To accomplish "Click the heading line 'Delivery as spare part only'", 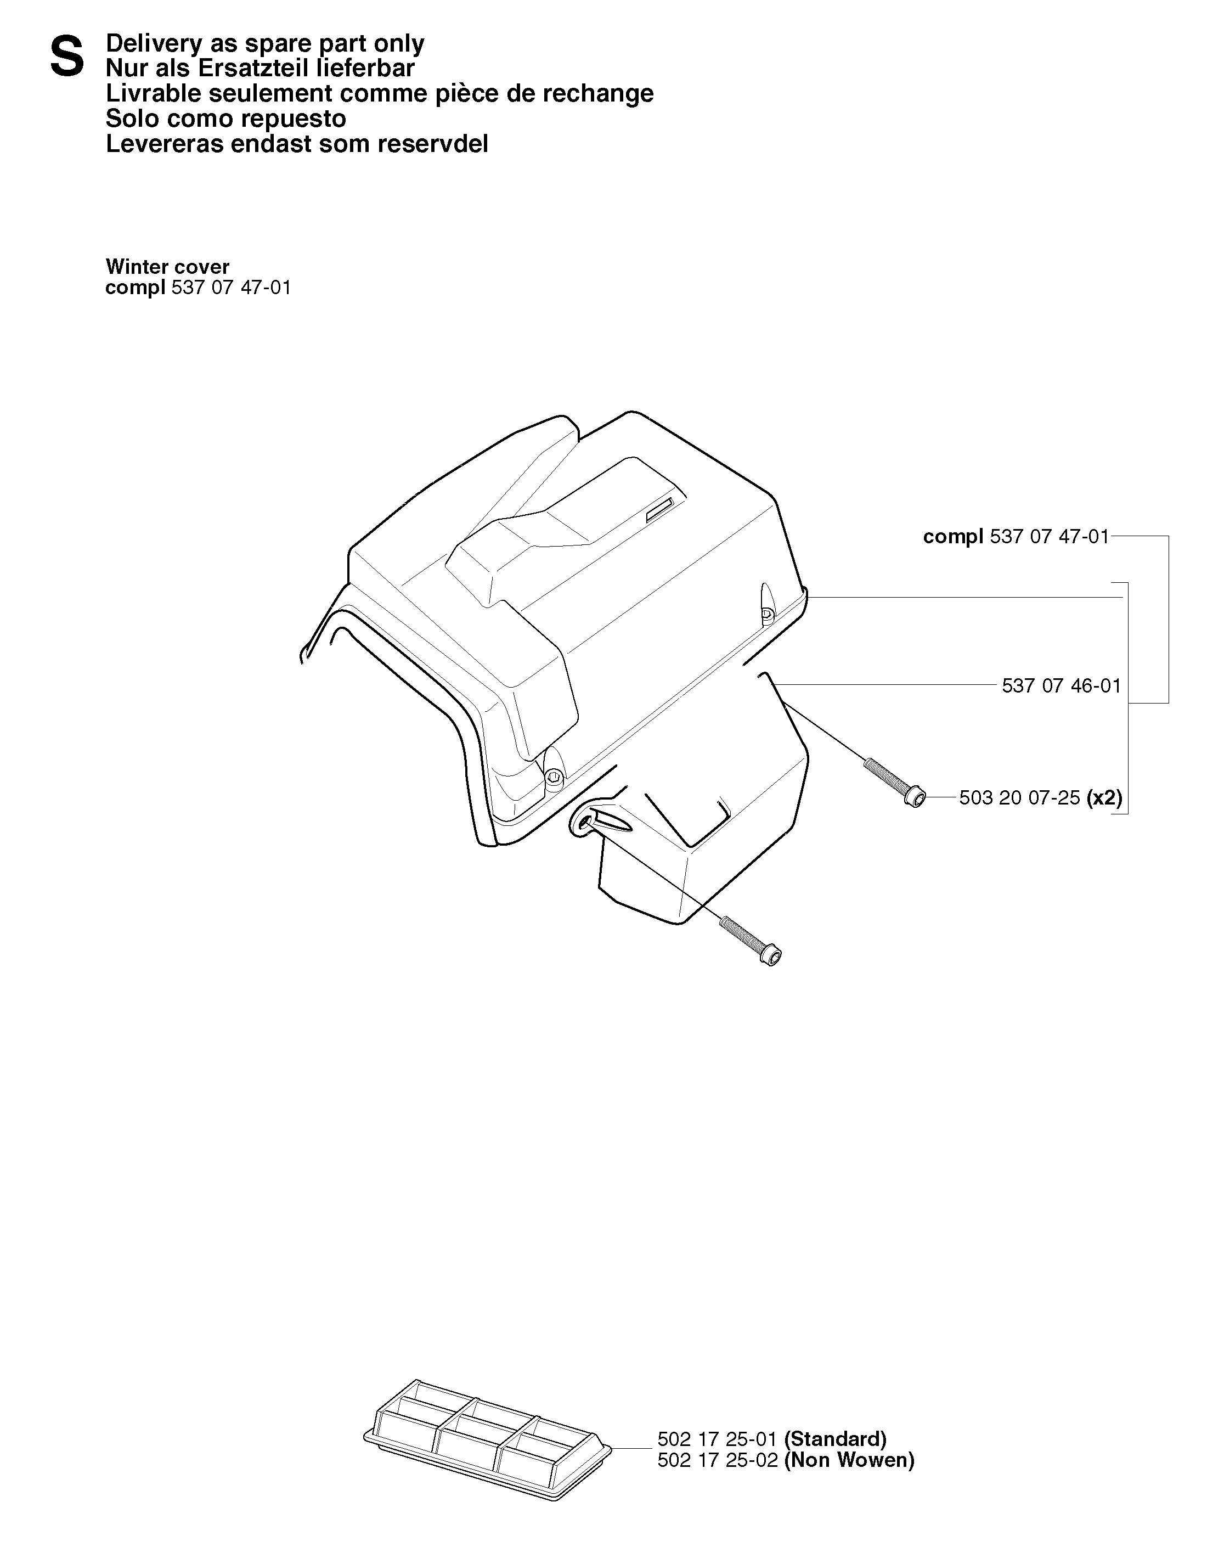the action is [x=264, y=44].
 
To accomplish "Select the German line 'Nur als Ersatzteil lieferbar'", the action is [x=260, y=68].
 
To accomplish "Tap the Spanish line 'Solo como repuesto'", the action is [x=225, y=119].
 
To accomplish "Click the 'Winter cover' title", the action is [x=168, y=267].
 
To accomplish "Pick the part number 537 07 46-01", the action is [x=1061, y=686].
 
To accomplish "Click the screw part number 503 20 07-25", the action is [x=1019, y=798].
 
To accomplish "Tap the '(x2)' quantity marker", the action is [x=1104, y=798].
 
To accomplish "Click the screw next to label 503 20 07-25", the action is [x=895, y=782].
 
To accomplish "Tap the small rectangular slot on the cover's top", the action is [x=660, y=510].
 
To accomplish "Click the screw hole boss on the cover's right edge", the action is [x=767, y=606].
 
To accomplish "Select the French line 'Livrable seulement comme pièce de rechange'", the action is [x=380, y=93].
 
